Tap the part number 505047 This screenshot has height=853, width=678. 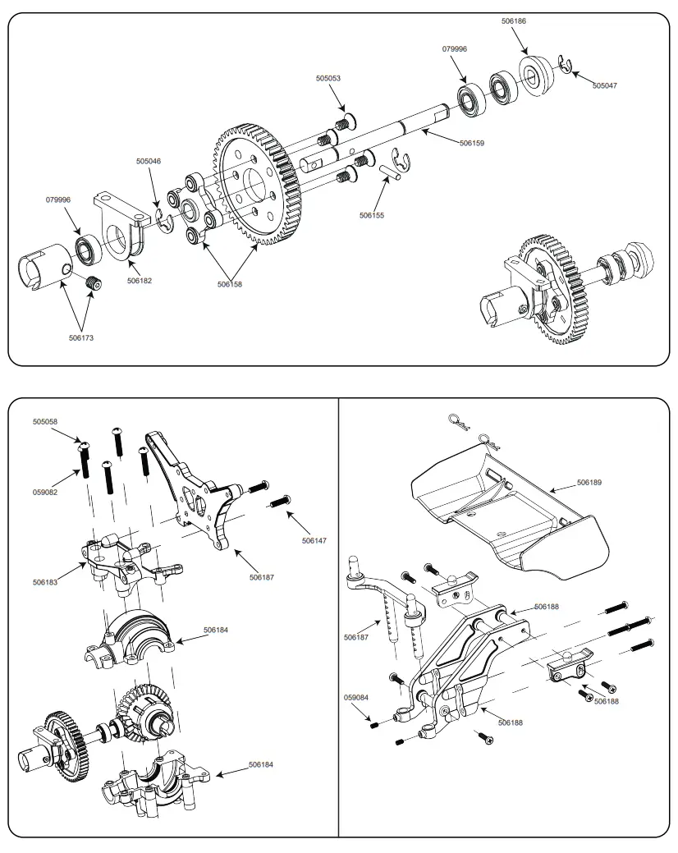pos(605,85)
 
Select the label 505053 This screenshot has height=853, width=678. pos(328,79)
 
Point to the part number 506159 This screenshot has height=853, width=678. pos(471,143)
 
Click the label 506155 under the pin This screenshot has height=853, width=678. pos(371,215)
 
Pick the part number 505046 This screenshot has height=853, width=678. pos(149,161)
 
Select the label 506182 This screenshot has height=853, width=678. pos(140,281)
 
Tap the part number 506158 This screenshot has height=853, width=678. pos(230,285)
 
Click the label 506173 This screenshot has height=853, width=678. pos(81,337)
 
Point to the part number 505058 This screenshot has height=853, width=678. pos(45,421)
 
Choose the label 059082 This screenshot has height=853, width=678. pos(45,492)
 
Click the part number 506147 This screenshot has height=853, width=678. pos(314,541)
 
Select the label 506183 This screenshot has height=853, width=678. pos(45,582)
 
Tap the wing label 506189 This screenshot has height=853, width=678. pos(589,483)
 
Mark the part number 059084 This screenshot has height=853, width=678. pos(356,698)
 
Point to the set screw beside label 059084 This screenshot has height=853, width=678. pos(373,725)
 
